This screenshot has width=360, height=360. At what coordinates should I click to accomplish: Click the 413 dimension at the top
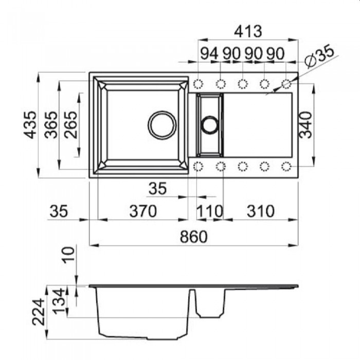coord(248,31)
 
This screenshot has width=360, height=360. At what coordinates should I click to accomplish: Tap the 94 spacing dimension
coord(209,53)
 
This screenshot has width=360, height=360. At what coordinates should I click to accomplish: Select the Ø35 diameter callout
coord(319,56)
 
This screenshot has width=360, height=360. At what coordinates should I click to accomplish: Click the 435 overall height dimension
coord(30,125)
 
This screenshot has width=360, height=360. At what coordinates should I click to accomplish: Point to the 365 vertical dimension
coord(51,125)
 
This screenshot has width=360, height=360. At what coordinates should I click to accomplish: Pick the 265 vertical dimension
coord(70,125)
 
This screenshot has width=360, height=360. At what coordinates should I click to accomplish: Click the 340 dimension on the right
coord(305,125)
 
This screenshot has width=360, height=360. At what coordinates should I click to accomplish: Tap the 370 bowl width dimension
coord(143,211)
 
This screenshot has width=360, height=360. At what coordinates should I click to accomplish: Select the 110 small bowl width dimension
coord(210,211)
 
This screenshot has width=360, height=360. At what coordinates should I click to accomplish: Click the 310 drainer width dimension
coord(261,211)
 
